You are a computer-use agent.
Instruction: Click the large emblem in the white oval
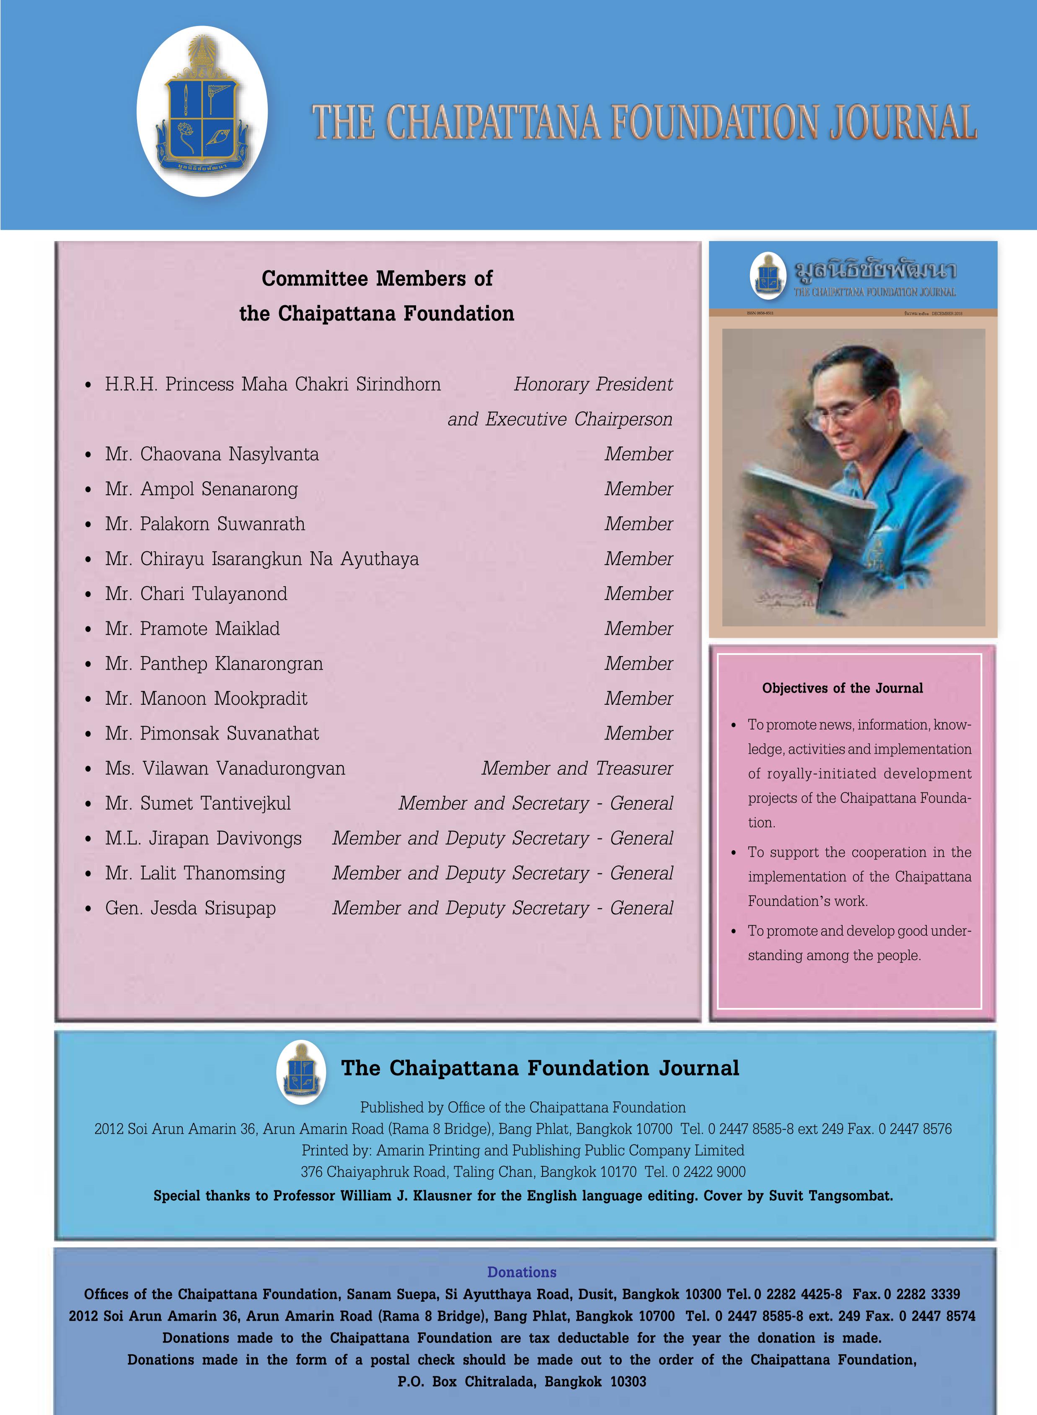click(x=202, y=111)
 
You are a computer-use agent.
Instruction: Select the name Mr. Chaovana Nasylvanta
click(x=212, y=454)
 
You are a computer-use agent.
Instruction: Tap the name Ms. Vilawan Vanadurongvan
click(x=225, y=768)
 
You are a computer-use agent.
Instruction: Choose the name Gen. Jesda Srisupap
click(x=190, y=908)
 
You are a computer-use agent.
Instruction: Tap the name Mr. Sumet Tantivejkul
click(x=198, y=803)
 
